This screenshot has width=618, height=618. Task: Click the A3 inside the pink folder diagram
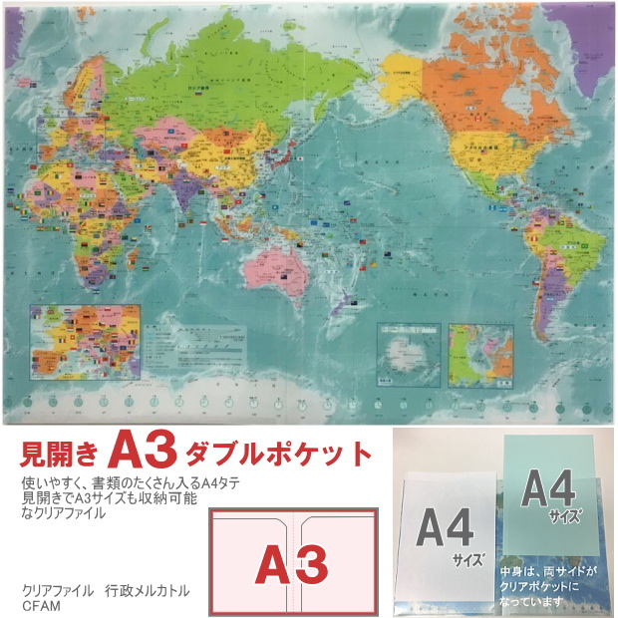coord(291,563)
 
